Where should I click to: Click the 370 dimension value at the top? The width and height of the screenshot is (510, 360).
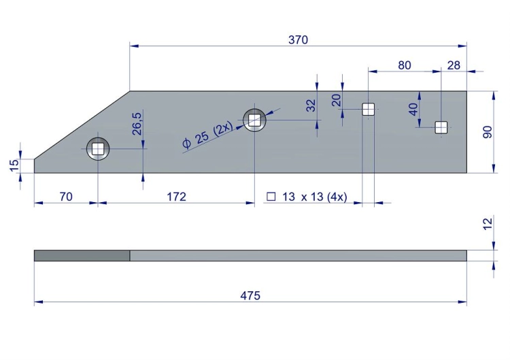point(298,39)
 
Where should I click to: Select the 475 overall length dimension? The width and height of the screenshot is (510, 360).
point(250,295)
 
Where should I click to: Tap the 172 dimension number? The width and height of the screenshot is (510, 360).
point(176,197)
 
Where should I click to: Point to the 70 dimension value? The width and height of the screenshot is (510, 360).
point(66,197)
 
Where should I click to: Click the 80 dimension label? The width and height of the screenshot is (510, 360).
point(405,65)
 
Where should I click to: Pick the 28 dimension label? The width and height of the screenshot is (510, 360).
point(454,65)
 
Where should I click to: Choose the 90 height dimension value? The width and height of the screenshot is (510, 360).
point(488,132)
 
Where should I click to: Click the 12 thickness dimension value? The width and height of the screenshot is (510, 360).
point(488,225)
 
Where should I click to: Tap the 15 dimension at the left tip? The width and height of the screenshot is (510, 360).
point(15,165)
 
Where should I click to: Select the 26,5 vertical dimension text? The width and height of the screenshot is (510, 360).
point(137,124)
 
